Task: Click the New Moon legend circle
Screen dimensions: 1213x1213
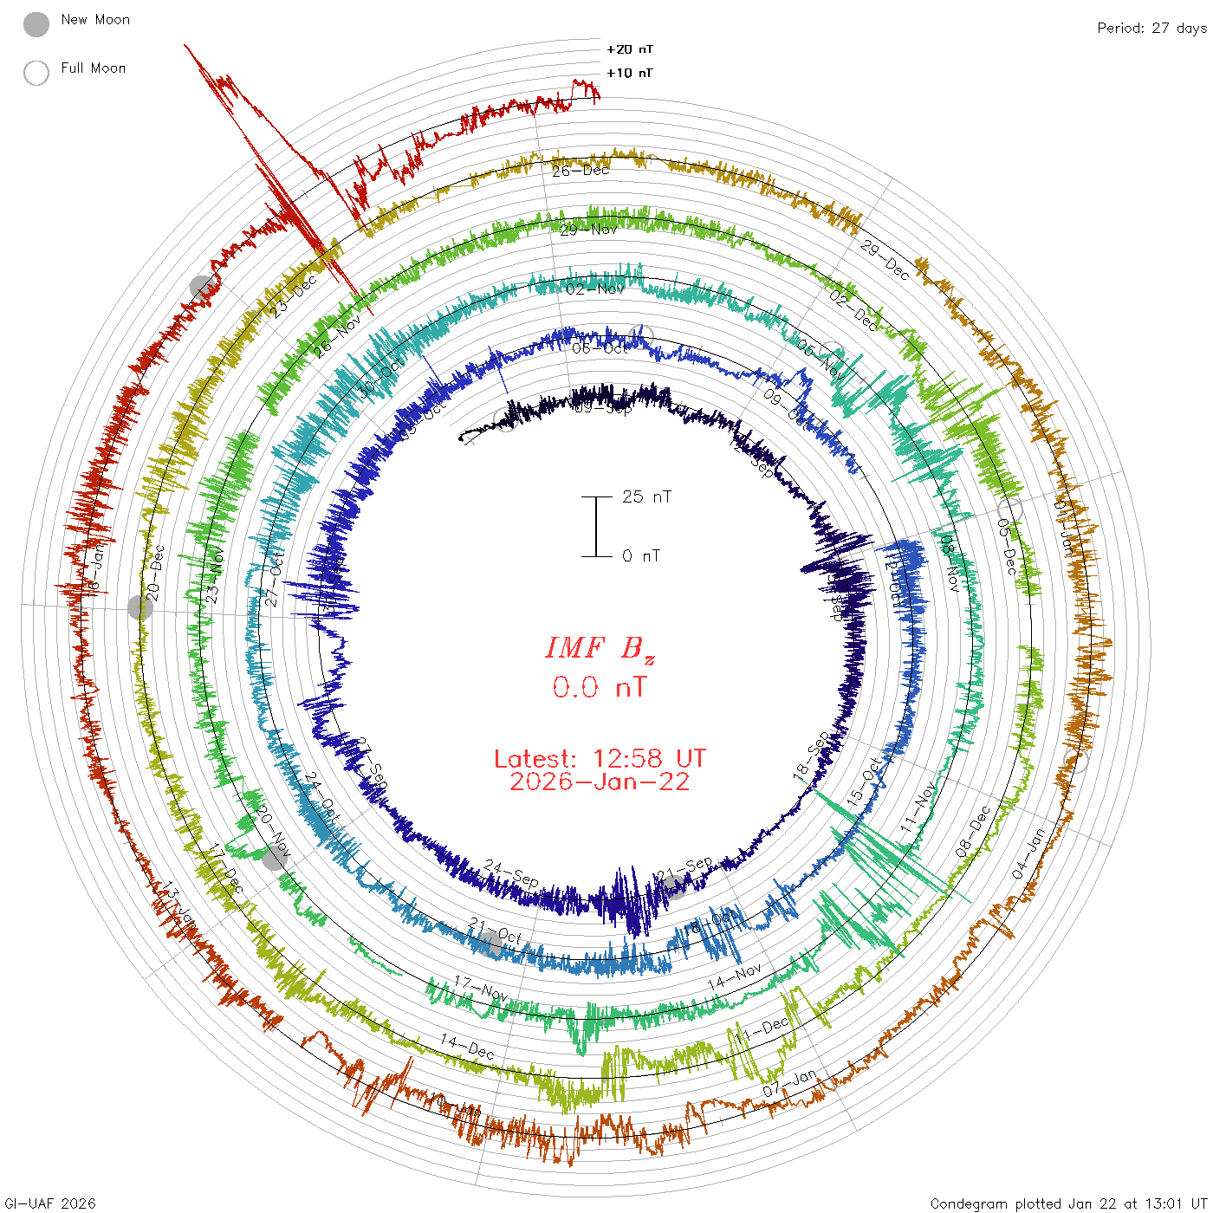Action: tap(36, 25)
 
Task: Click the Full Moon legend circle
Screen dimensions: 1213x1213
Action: tap(36, 73)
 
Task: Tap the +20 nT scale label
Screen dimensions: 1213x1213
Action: tap(630, 49)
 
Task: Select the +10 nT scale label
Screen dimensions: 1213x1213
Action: tap(630, 73)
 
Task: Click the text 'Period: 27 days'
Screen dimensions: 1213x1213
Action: tap(1151, 28)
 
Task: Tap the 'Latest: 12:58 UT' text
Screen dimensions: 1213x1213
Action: tap(600, 759)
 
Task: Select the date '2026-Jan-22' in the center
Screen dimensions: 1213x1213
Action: tap(600, 782)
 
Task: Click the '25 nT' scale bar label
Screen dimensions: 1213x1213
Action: tap(646, 496)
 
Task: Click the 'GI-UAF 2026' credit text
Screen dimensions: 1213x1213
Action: tap(50, 1203)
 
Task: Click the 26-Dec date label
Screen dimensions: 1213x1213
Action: tap(581, 171)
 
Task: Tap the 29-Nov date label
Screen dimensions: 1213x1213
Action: tap(588, 230)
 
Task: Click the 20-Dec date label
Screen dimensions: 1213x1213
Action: tap(154, 573)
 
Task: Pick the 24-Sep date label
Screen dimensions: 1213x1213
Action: tap(511, 873)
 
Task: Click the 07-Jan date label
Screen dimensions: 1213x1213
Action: tap(789, 1083)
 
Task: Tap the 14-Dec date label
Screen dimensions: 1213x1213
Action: tap(467, 1046)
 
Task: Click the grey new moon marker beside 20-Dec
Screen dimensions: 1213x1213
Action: tap(140, 607)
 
